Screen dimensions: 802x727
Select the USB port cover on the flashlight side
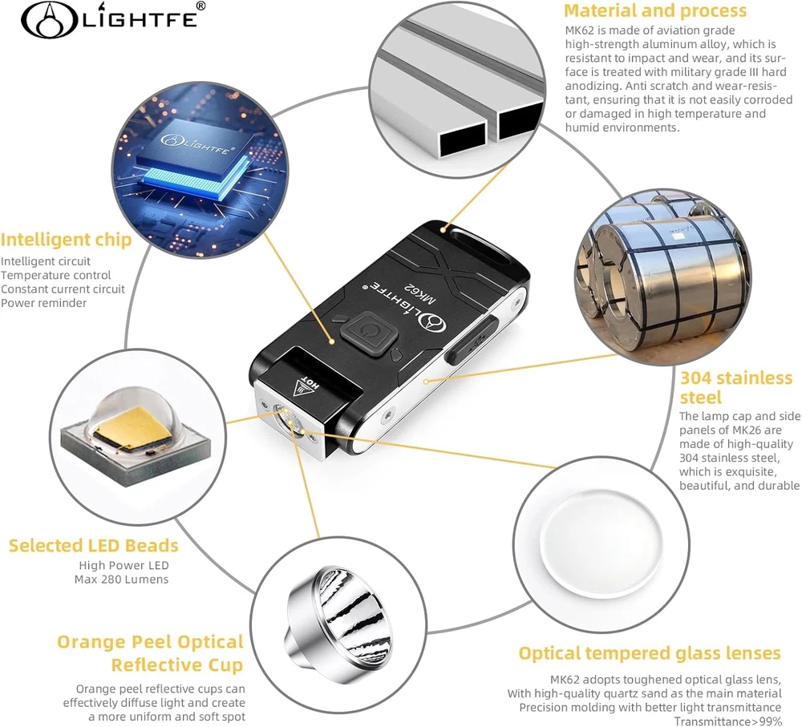[471, 340]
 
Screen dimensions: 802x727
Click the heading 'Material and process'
[655, 10]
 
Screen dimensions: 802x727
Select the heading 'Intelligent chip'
[66, 240]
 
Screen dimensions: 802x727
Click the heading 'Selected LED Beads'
[94, 546]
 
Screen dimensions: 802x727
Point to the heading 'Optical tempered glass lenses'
[650, 653]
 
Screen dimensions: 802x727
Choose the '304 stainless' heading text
[736, 378]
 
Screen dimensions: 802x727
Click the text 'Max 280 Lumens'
[122, 580]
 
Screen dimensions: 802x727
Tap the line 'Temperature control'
[56, 275]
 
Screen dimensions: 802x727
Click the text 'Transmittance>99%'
[728, 721]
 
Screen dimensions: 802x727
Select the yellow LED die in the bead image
[132, 424]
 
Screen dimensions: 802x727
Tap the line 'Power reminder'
[43, 303]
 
